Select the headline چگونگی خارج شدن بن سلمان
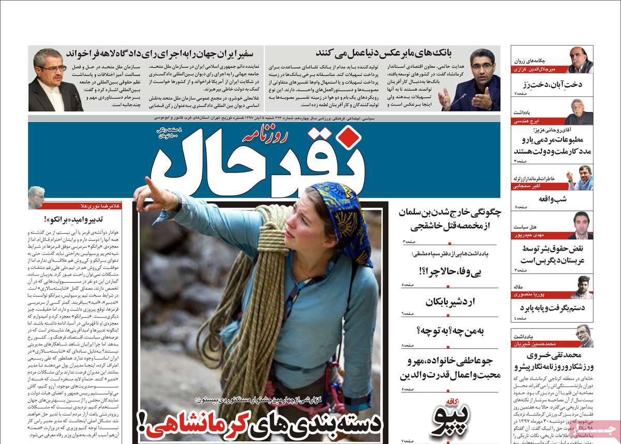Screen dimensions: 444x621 pos(446,219)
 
